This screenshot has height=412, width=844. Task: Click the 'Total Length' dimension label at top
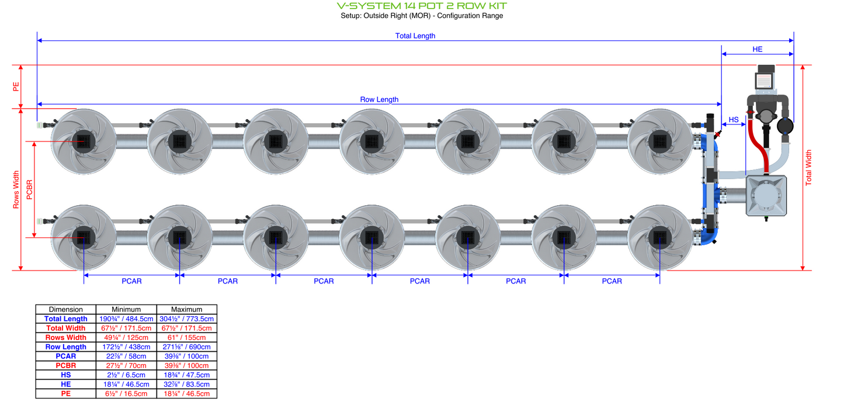pyautogui.click(x=415, y=36)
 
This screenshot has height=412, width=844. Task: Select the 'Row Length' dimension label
pyautogui.click(x=379, y=99)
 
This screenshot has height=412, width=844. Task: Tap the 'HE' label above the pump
pyautogui.click(x=757, y=50)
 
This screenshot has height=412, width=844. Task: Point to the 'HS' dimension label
pyautogui.click(x=734, y=119)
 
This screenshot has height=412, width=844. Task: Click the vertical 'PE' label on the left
pyautogui.click(x=16, y=86)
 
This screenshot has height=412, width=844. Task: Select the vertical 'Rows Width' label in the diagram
pyautogui.click(x=16, y=189)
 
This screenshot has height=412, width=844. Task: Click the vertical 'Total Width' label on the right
pyautogui.click(x=809, y=168)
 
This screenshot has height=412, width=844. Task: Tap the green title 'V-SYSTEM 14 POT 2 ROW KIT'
pyautogui.click(x=422, y=6)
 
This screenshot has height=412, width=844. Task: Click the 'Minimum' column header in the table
pyautogui.click(x=126, y=309)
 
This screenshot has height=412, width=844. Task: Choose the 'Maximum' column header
pyautogui.click(x=187, y=309)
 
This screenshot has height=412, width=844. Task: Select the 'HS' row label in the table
pyautogui.click(x=65, y=375)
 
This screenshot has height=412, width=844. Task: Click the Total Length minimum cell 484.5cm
pyautogui.click(x=126, y=318)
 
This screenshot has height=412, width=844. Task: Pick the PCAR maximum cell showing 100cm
pyautogui.click(x=187, y=356)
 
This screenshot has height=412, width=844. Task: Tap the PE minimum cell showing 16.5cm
pyautogui.click(x=126, y=393)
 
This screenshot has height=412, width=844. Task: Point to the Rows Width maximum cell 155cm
pyautogui.click(x=187, y=337)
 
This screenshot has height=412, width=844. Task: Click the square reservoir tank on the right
pyautogui.click(x=766, y=196)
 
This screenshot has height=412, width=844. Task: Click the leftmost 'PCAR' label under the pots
pyautogui.click(x=131, y=281)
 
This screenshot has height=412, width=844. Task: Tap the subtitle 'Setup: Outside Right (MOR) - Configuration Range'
pyautogui.click(x=422, y=16)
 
